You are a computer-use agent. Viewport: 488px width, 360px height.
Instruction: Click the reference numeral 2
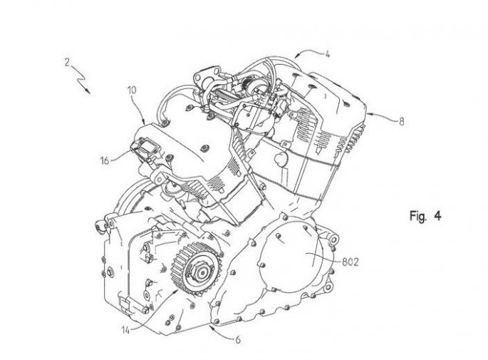(x=68, y=62)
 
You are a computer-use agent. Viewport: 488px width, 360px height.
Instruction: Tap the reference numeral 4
(x=327, y=54)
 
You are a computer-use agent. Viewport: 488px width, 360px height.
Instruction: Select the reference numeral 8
(x=402, y=121)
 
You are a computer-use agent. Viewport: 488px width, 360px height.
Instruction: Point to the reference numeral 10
(x=132, y=91)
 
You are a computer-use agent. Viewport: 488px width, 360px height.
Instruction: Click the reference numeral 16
(x=105, y=160)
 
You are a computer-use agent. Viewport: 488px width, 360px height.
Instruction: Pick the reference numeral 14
(x=125, y=330)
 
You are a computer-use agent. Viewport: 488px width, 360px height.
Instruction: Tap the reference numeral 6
(x=238, y=339)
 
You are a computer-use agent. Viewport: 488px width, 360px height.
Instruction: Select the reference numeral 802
(x=351, y=262)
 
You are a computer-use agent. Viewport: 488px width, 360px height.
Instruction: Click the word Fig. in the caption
(x=417, y=216)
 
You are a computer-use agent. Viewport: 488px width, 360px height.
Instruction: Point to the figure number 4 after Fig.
(x=437, y=215)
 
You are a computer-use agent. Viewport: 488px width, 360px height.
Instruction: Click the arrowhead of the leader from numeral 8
(x=368, y=114)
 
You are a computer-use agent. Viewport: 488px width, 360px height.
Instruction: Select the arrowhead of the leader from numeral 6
(x=212, y=326)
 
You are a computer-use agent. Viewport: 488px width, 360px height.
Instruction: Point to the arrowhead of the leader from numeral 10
(x=144, y=122)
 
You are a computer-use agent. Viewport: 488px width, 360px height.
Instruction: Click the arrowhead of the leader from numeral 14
(x=177, y=291)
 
